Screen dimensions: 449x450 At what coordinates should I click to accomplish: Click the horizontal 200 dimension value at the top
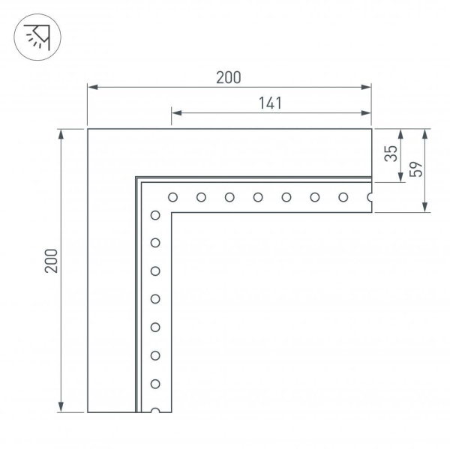point(229,76)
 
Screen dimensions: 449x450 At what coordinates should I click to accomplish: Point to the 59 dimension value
point(417,169)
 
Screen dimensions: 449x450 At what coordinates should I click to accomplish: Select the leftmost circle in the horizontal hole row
point(172,198)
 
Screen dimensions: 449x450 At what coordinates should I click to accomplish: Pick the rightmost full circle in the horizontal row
point(343,198)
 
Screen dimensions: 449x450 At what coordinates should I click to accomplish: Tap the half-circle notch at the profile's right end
point(370,198)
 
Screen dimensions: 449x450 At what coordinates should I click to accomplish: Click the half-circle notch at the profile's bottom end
point(155,411)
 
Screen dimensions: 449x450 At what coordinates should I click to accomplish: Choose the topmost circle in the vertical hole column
point(155,216)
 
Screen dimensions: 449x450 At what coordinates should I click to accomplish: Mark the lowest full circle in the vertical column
point(155,384)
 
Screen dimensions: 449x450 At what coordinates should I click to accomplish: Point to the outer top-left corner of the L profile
point(88,130)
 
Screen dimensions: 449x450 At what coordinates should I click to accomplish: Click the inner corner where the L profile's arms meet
point(173,214)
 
